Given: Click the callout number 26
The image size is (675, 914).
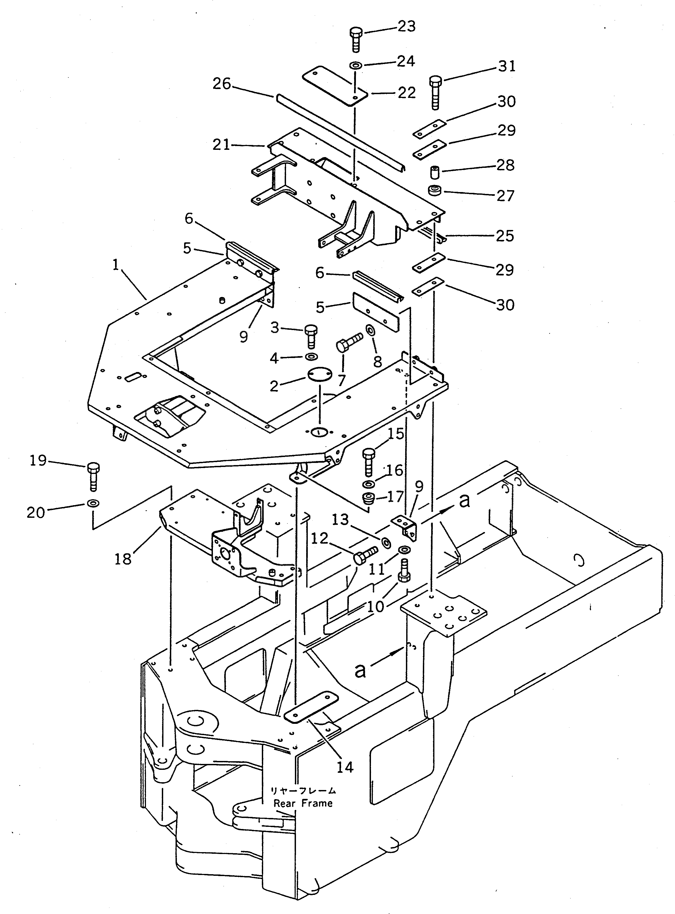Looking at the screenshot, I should [x=222, y=84].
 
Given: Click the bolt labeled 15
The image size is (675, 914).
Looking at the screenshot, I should [x=369, y=461].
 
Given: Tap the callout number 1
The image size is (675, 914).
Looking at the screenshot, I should [x=116, y=265].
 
